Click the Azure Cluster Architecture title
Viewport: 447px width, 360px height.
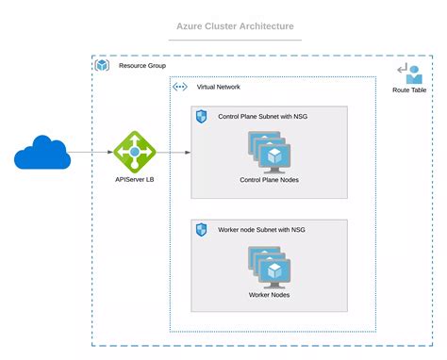tap(234, 26)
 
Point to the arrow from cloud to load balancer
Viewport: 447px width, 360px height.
tap(91, 151)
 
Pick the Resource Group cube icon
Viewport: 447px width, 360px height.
tap(103, 66)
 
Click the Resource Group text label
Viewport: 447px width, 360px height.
tap(142, 66)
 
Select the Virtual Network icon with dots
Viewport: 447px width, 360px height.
tap(179, 87)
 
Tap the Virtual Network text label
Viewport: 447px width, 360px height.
tap(218, 87)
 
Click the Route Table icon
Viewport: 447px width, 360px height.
tap(410, 73)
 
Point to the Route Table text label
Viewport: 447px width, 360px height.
tap(410, 90)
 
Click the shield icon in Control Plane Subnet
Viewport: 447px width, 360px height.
tap(201, 117)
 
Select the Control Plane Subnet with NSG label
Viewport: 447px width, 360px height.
tap(262, 117)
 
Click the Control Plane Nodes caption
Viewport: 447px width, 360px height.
tap(269, 180)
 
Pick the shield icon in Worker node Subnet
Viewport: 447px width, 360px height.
tap(201, 230)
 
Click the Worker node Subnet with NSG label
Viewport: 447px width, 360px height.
tap(261, 230)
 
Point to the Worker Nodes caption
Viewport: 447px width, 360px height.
tap(269, 295)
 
